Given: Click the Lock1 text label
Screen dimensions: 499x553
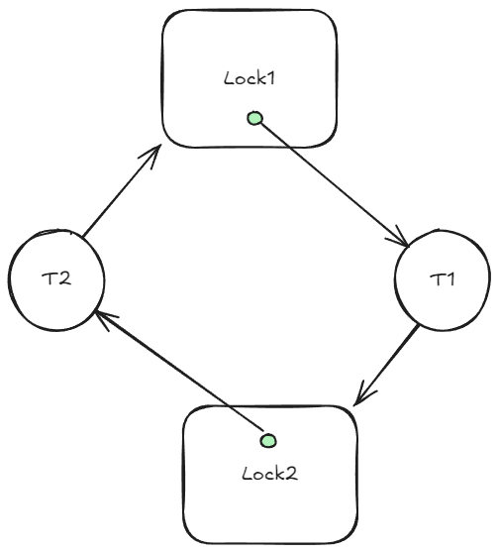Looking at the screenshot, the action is click(x=249, y=78).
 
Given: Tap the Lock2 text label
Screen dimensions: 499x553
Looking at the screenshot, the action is click(x=270, y=474).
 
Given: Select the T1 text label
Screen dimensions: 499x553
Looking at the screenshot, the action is click(x=443, y=279).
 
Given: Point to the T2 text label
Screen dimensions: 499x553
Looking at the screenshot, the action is click(x=56, y=278).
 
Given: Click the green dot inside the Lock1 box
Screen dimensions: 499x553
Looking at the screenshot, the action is click(x=254, y=118).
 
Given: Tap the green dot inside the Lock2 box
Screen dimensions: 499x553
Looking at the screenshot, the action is click(x=268, y=441).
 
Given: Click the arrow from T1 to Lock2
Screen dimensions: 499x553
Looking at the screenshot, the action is click(x=386, y=365).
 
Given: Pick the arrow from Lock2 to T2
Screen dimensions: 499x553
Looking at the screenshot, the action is click(x=180, y=371).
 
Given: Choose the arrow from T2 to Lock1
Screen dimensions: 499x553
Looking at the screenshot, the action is click(x=122, y=190).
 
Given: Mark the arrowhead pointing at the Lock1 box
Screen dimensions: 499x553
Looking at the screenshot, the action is click(x=151, y=156).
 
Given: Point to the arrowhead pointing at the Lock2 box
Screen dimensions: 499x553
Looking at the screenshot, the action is click(x=363, y=394).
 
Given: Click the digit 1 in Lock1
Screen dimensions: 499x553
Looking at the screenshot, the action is click(x=270, y=78).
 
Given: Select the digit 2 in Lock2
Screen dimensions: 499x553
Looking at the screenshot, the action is click(x=292, y=474).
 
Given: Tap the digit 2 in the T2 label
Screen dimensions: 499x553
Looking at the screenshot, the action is click(x=64, y=278).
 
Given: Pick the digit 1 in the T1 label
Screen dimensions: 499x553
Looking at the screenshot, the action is click(x=450, y=279).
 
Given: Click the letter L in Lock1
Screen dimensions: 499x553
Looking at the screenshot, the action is click(x=230, y=78).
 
